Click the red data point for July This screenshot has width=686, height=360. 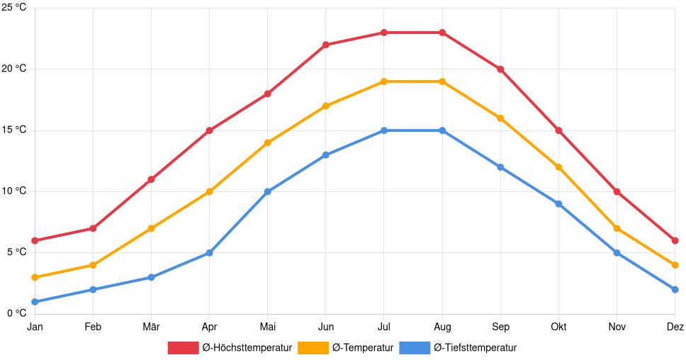[x=384, y=33]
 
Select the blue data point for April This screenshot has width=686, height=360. [x=209, y=253]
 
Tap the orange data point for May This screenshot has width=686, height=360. [x=268, y=142]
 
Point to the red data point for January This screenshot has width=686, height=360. [x=35, y=241]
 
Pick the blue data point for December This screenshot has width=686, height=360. [x=675, y=290]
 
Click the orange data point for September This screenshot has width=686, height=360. [x=500, y=118]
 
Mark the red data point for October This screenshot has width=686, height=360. [x=558, y=130]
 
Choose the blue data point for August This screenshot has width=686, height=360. [x=442, y=130]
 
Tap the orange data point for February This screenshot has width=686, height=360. [x=93, y=265]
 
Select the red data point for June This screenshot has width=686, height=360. [x=326, y=45]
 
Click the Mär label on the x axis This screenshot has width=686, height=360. [x=151, y=327]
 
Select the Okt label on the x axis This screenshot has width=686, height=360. [x=558, y=327]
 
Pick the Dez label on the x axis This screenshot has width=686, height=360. [x=675, y=327]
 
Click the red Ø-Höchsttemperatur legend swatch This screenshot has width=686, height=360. [x=183, y=347]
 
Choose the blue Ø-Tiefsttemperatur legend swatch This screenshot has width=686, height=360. [x=415, y=347]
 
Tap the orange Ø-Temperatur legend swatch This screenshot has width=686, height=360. [x=313, y=347]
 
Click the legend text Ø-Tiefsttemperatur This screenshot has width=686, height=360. [x=475, y=347]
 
